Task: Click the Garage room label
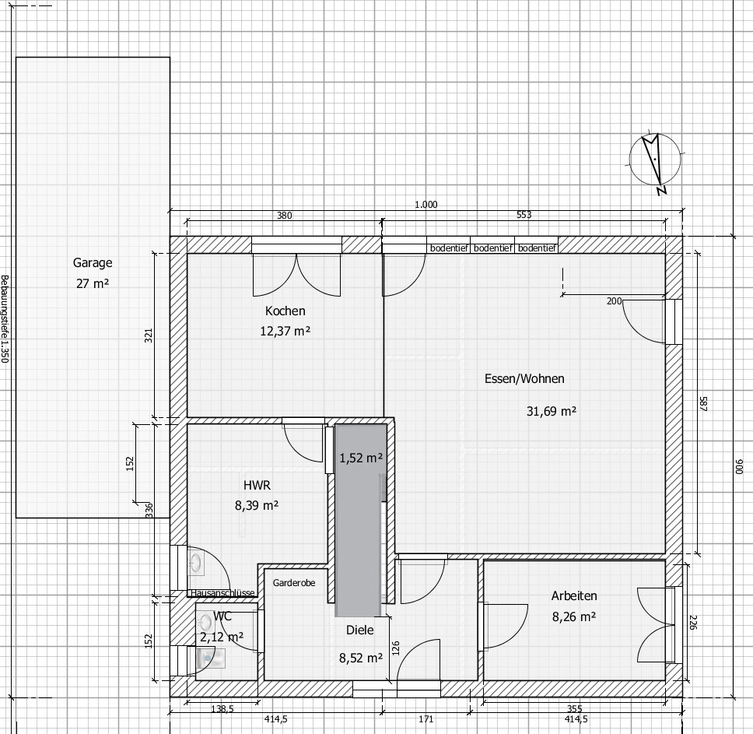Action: [x=93, y=263]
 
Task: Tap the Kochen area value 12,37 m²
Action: [x=285, y=331]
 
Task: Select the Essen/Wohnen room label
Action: [x=524, y=378]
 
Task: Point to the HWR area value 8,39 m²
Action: [x=257, y=505]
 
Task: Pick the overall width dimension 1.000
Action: [x=426, y=205]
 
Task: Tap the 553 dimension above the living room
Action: [x=524, y=215]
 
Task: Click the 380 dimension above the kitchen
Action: [x=284, y=216]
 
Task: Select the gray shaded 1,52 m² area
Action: [x=361, y=520]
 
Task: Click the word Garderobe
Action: [x=294, y=583]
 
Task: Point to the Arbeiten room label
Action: [x=574, y=595]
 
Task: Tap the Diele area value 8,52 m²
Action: [x=361, y=658]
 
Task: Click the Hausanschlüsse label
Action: [x=222, y=593]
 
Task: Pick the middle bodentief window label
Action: [x=492, y=248]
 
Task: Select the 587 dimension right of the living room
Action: [x=703, y=404]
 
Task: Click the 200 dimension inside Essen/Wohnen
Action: [x=615, y=301]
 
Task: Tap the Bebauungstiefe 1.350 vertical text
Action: [x=5, y=319]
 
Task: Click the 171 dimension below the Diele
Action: [x=426, y=719]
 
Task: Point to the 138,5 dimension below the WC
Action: [x=222, y=708]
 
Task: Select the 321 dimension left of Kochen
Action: [x=149, y=335]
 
